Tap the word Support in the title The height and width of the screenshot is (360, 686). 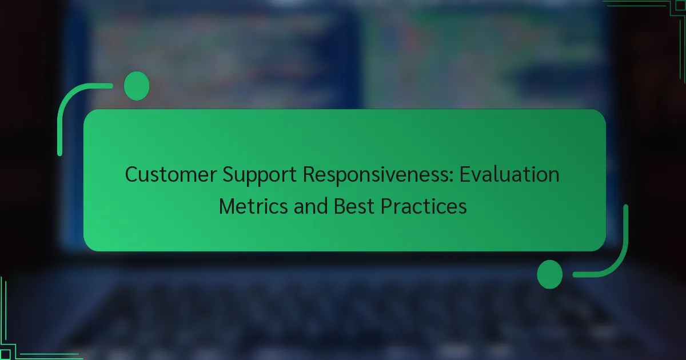[260, 175]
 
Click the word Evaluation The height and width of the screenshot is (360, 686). [509, 174]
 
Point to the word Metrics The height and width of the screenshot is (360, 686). [253, 206]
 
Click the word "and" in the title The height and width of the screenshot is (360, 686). [310, 206]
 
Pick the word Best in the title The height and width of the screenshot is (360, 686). [354, 206]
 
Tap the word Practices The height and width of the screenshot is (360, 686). [424, 206]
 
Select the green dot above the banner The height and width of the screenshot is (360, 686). [137, 86]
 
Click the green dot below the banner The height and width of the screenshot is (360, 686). [550, 274]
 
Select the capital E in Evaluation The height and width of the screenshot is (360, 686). [465, 174]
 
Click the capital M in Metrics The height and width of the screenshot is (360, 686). [226, 206]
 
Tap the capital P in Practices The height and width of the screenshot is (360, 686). [386, 206]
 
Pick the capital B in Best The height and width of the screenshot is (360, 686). [340, 206]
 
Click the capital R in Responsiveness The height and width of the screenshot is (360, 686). [309, 174]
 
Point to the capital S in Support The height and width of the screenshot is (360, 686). [228, 174]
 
